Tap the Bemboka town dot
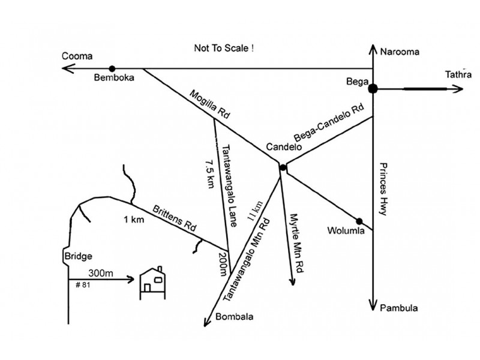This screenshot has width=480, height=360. (112, 69)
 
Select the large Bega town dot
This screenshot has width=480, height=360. (373, 89)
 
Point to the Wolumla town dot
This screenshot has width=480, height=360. (359, 221)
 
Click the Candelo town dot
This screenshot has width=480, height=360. (282, 167)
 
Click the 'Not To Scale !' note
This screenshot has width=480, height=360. (224, 47)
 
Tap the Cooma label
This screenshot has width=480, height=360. (77, 56)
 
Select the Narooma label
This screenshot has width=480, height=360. (400, 52)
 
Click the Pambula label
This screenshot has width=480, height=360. (398, 308)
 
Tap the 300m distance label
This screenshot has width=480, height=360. (100, 273)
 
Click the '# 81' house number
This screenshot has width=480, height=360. (83, 284)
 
